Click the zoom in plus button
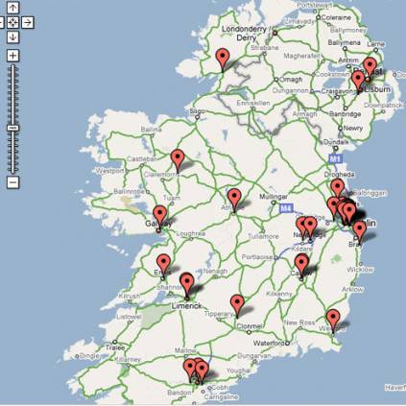coord(12,56)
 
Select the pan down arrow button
coord(12,36)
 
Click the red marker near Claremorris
coord(177,158)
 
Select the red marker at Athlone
coord(234,198)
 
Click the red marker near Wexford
coord(333,318)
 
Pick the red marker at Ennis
coord(163,263)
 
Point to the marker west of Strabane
coord(224,60)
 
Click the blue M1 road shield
coord(334,158)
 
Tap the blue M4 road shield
coord(285,206)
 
